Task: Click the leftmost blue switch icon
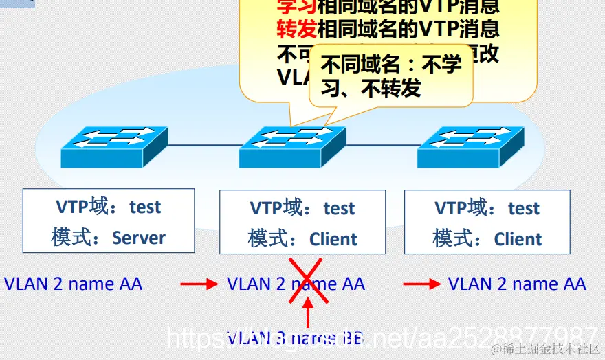coord(113,146)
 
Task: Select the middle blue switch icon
coord(292,146)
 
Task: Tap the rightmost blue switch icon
coord(470,146)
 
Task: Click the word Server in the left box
coord(139,238)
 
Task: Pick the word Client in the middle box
coord(333,239)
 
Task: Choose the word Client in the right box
coord(518,239)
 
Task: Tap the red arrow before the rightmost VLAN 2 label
coord(420,284)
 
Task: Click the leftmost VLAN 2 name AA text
coord(73,284)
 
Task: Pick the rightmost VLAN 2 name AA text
coord(517,284)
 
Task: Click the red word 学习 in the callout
coord(296,7)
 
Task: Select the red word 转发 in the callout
coord(296,30)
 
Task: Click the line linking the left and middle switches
coord(203,145)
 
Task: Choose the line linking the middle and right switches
coord(382,145)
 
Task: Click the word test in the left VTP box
coord(146,207)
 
